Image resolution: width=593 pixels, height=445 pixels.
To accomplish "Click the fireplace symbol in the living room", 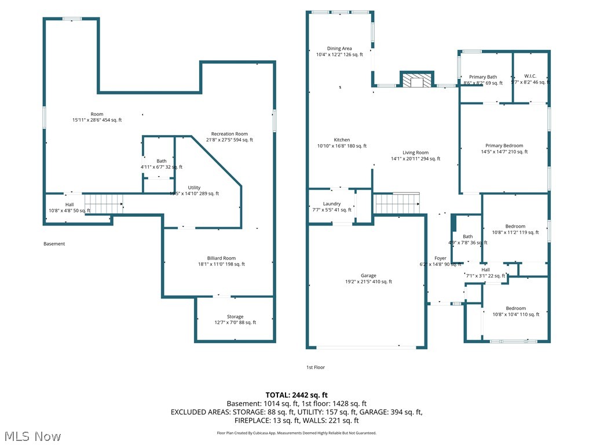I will pos(416,80).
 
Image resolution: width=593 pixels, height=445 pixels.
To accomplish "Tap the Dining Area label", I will pos(339,49).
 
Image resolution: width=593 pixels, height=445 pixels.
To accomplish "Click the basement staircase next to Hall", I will pos(104,203).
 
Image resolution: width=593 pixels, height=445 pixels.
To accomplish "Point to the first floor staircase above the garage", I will pos(397,203).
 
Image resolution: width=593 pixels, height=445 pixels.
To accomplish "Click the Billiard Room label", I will pos(221,258).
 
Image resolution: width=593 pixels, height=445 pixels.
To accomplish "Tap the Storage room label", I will pos(235,316).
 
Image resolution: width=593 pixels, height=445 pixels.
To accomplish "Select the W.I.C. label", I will pos(530,76).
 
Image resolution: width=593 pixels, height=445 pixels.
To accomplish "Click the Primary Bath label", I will pos(483,77).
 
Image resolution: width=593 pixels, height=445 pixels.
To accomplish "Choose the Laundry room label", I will pos(332,204).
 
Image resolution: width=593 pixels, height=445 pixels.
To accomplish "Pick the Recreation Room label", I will pos(229,134).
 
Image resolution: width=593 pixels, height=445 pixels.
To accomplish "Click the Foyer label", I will pos(441,258).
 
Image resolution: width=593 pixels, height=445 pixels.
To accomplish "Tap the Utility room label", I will pos(194,188).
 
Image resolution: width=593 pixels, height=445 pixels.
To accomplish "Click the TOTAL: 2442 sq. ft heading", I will pos(296,395).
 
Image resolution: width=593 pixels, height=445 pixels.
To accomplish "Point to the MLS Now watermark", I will pos(32,436).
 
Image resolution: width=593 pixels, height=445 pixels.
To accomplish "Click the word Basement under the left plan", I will pos(54,244).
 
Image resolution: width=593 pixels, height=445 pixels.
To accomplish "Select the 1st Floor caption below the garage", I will pos(316,367).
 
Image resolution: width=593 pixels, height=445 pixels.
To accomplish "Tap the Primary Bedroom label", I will pos(504,146).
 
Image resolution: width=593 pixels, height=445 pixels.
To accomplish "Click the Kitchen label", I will pos(342,140).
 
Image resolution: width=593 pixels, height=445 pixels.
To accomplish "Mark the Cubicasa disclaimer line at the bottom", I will pos(296,433).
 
